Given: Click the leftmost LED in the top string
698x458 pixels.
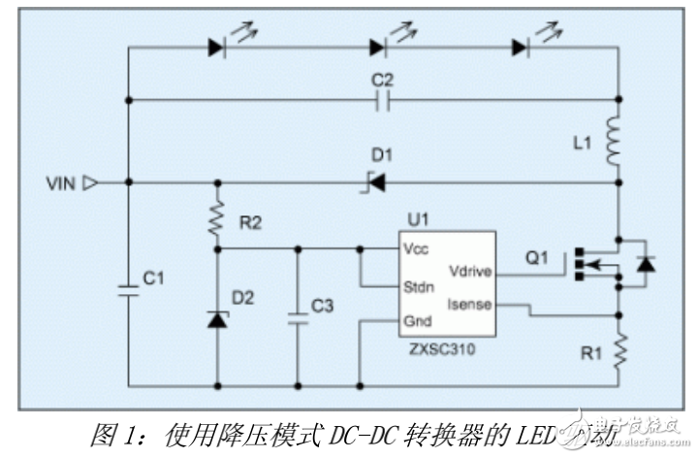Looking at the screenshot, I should click(216, 47).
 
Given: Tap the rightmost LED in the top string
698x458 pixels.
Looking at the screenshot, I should click(523, 47).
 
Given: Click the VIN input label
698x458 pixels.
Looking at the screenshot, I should click(62, 181).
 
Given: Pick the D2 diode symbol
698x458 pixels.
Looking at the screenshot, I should click(215, 318).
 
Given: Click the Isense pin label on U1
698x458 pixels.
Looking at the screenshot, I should click(469, 305).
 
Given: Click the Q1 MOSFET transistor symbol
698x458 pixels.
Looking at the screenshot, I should click(589, 263).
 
